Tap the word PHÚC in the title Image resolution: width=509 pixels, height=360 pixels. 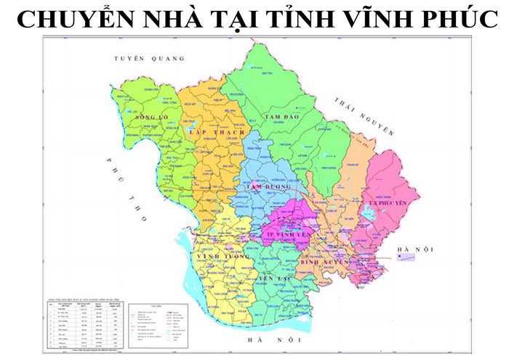point(454,20)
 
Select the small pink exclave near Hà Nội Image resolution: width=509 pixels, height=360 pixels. point(405,256)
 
